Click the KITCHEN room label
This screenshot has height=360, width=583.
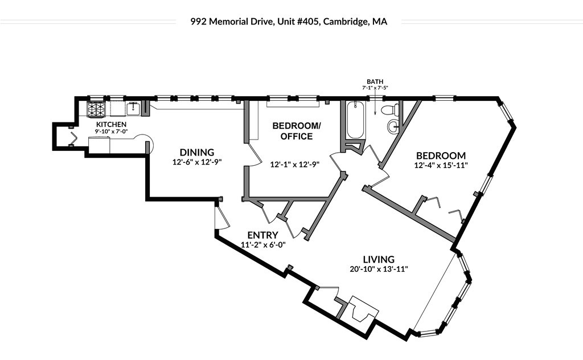[111, 124]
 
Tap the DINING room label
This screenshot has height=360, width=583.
[196, 152]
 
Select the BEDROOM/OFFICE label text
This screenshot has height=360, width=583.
[292, 131]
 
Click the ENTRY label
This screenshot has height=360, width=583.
[262, 235]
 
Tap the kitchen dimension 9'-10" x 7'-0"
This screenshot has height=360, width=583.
[111, 132]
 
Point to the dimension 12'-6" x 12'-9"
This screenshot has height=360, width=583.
[196, 162]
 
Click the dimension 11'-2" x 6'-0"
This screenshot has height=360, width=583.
[262, 245]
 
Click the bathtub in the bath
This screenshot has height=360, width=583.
[355, 120]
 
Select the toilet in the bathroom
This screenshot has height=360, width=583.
[390, 110]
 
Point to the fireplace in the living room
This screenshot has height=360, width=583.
[362, 310]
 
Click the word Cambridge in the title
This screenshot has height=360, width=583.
[347, 22]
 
